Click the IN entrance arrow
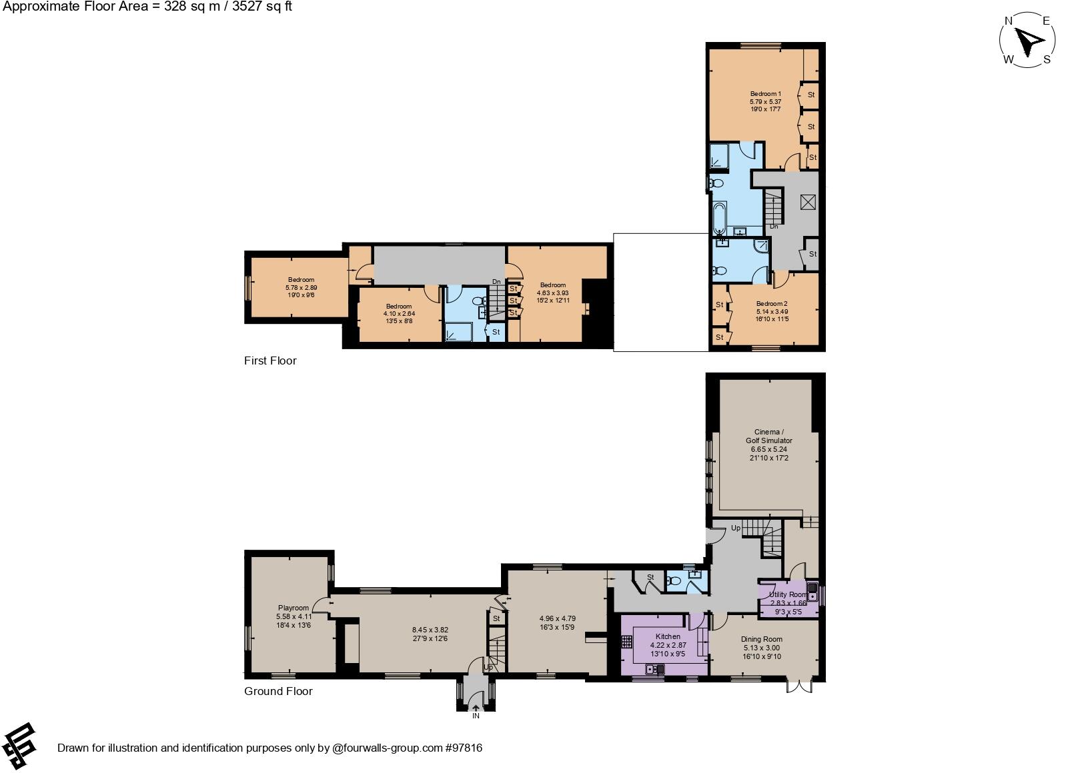point(476,708)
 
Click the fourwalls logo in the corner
point(19,746)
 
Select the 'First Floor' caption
point(270,361)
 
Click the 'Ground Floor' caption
point(278,691)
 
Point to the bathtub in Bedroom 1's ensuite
point(719,217)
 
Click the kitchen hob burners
point(626,641)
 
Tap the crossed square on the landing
point(808,202)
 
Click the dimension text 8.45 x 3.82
point(430,630)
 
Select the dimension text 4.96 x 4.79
point(558,618)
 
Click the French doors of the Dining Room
point(800,686)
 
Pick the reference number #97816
point(464,748)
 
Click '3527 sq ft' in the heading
point(261,7)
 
